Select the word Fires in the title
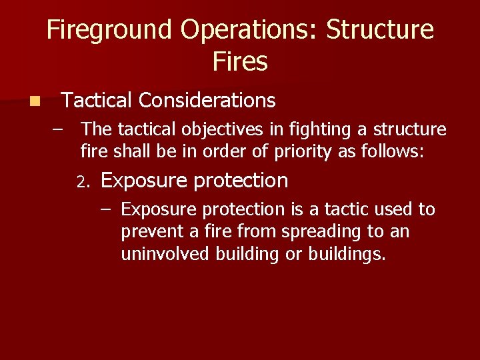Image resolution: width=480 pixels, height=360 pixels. pos(240,62)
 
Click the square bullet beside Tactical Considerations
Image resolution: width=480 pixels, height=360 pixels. pos(34,101)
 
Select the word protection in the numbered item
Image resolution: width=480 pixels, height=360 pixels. pos(241,181)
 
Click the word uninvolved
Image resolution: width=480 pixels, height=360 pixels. pos(165,255)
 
